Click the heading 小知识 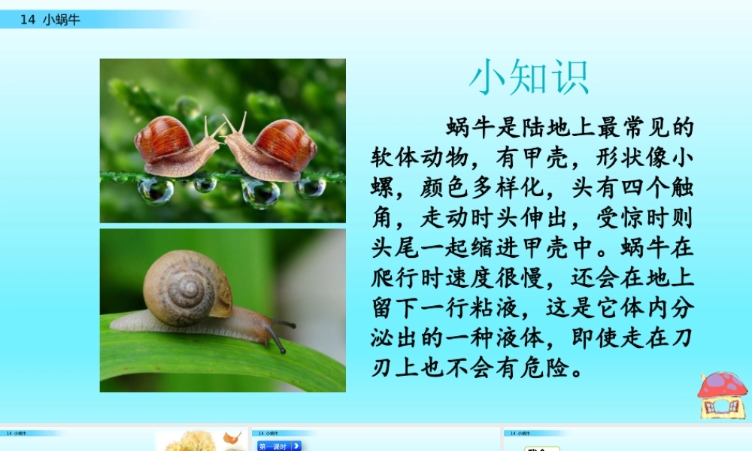pos(529,78)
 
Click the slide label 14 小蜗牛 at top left pos(50,20)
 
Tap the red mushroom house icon pos(721,394)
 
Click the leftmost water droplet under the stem pos(155,190)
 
